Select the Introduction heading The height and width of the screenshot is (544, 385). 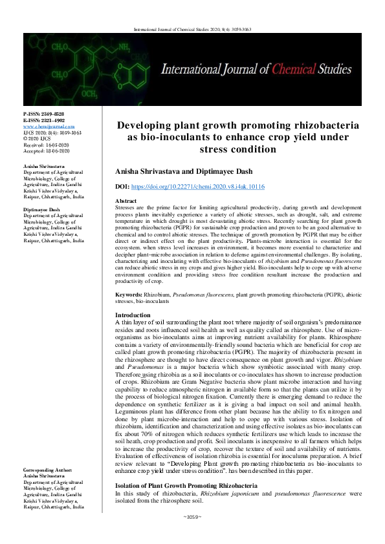(x=133, y=315)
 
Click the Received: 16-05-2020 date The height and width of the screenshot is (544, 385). (x=46, y=145)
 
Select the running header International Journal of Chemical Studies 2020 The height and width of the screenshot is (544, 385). (x=192, y=29)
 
